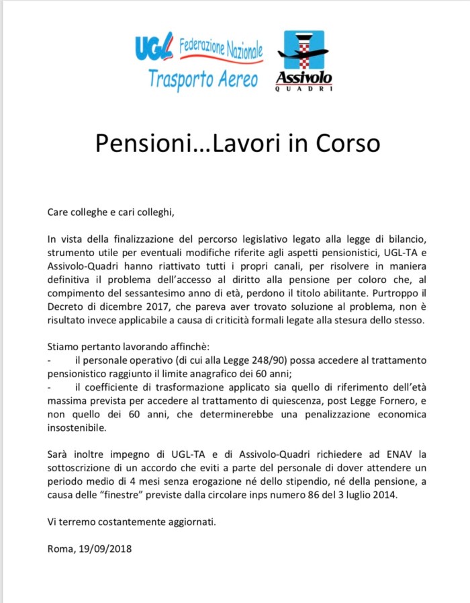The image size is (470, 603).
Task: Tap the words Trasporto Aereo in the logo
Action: tap(203, 79)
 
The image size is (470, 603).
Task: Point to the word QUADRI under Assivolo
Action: tap(303, 90)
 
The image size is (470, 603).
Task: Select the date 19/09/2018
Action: tap(107, 548)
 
